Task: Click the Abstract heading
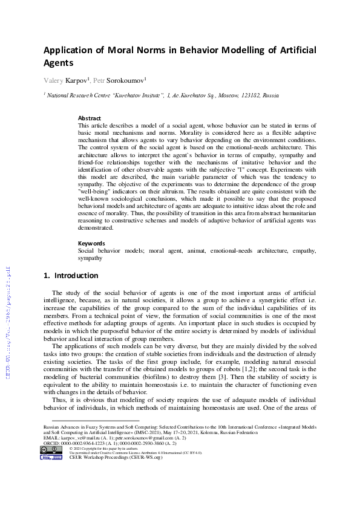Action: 90,118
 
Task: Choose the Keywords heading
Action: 91,243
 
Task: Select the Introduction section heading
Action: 71,276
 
